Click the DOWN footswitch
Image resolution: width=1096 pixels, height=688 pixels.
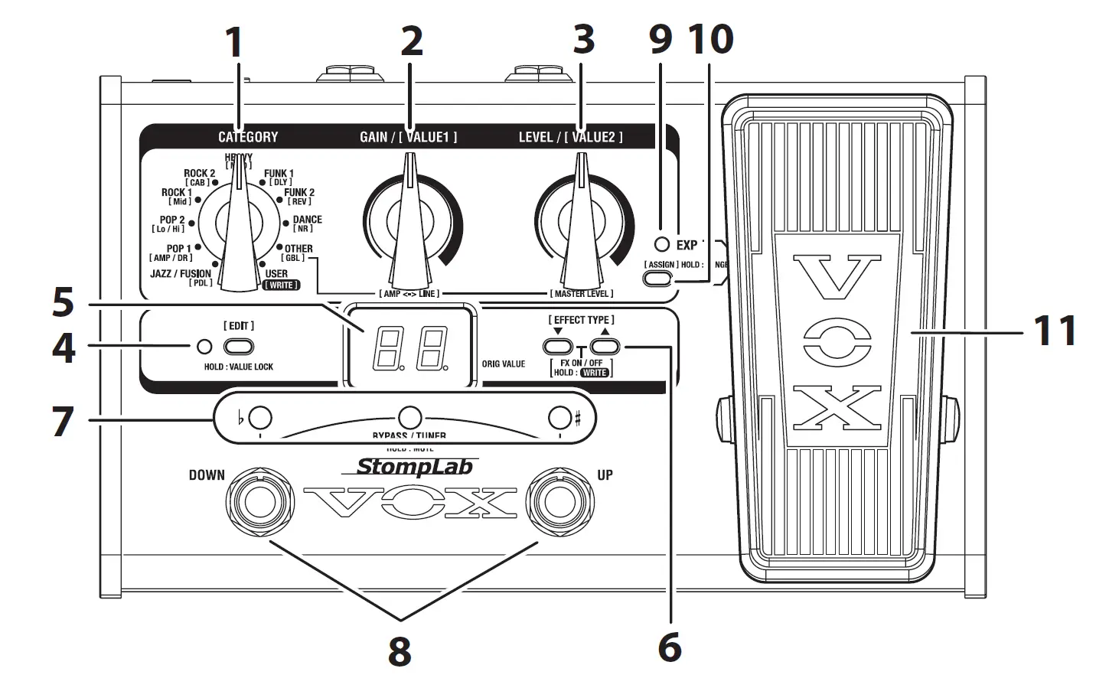(x=256, y=502)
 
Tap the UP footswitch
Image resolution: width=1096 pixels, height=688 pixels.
(x=562, y=502)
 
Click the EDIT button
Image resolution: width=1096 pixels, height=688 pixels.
(x=239, y=347)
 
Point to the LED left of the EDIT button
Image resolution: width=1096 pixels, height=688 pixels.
(x=204, y=347)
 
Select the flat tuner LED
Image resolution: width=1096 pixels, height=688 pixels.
(x=260, y=417)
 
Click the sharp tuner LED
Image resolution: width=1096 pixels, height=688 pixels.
(x=560, y=417)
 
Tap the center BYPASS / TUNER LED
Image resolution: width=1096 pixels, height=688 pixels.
(x=410, y=417)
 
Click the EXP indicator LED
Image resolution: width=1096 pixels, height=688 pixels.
(x=662, y=245)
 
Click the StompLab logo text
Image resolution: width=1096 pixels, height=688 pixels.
(x=415, y=466)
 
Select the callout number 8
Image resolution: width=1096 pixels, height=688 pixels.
(x=400, y=652)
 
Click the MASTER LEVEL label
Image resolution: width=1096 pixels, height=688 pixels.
(x=581, y=294)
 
